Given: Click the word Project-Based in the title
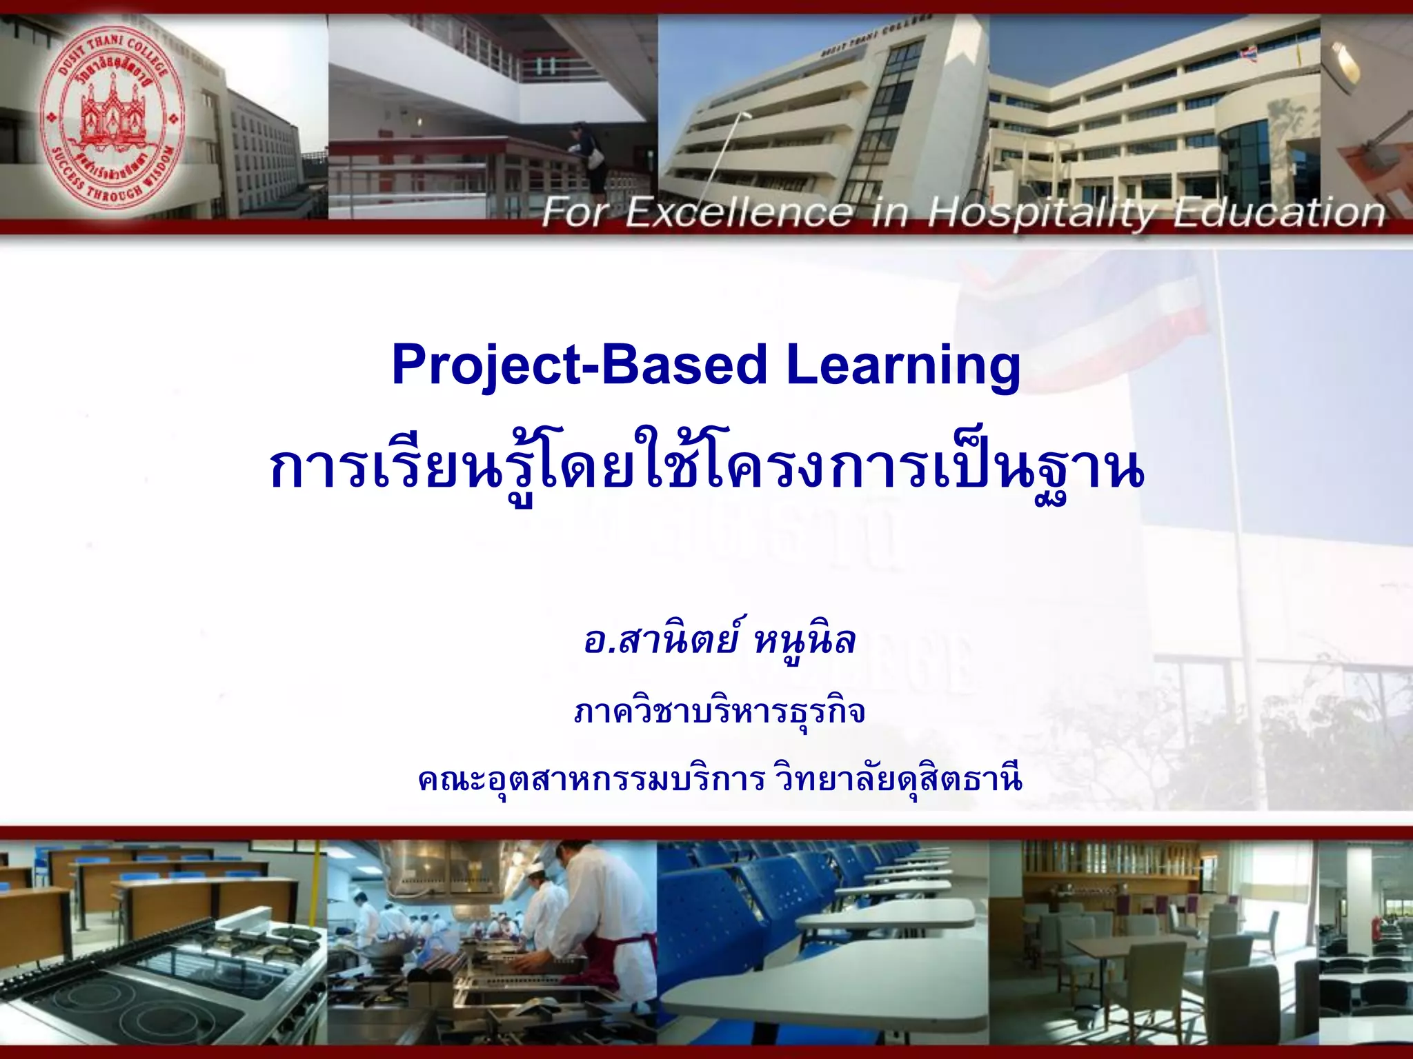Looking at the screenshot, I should (x=580, y=365).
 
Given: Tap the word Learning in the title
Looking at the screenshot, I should (x=903, y=366).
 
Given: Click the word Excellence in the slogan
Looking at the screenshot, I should (x=738, y=212).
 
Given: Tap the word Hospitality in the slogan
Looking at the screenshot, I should (x=1042, y=212).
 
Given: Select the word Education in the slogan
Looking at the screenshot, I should (x=1280, y=212).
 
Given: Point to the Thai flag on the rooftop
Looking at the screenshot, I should (x=1247, y=52).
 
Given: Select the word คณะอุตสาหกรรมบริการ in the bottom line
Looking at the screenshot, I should (x=591, y=780).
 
